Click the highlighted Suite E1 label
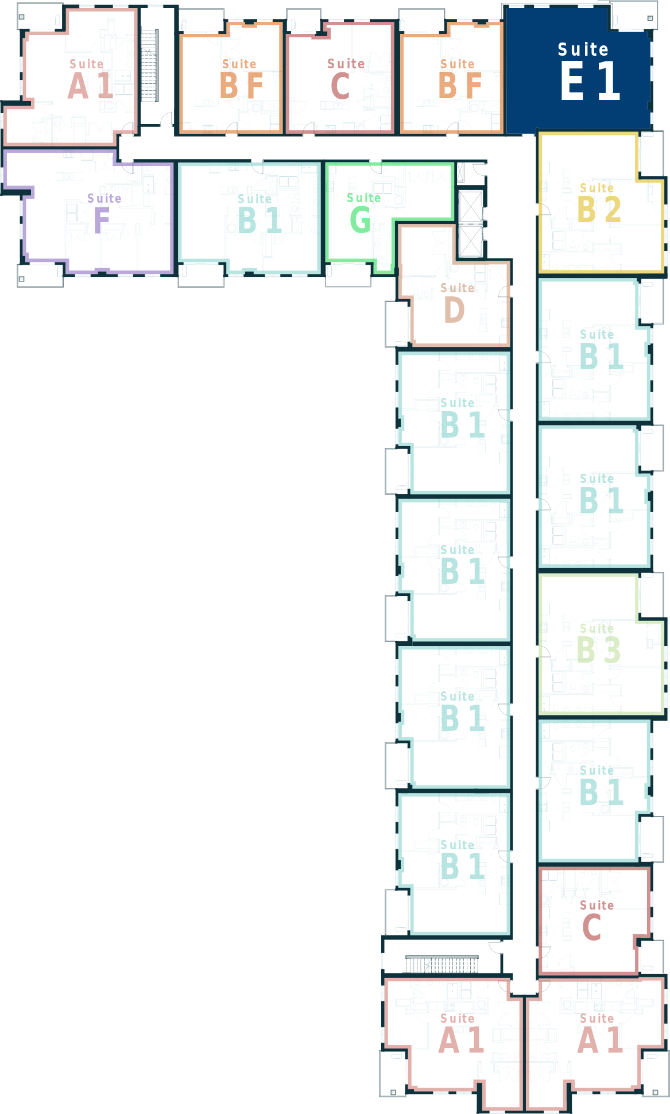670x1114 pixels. [590, 71]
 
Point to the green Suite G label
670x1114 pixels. [363, 212]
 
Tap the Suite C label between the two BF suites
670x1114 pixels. [346, 79]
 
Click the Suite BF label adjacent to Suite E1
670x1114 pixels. [459, 79]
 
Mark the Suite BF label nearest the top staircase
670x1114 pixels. [241, 79]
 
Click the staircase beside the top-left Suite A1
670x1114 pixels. [149, 65]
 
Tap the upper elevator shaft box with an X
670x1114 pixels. [471, 206]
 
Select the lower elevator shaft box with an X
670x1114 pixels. [471, 241]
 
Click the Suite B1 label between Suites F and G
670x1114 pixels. [259, 214]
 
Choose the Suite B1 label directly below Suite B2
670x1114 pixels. [601, 350]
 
